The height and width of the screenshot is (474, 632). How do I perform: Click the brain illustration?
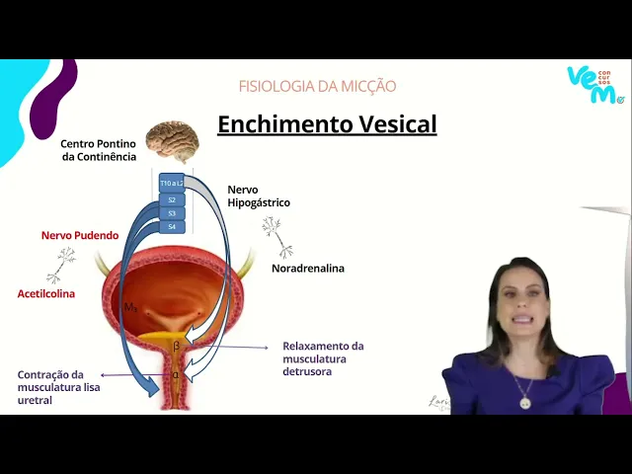click(x=172, y=140)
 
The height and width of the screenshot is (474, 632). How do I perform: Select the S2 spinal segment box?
click(x=172, y=199)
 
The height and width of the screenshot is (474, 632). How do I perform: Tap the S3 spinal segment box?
click(x=172, y=213)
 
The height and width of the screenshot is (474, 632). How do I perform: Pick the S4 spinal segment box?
click(x=172, y=226)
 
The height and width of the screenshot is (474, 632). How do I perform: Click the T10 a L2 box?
click(x=172, y=184)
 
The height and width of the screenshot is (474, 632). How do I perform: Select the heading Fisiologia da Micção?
click(x=317, y=86)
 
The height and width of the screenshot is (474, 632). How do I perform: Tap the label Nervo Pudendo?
click(x=80, y=236)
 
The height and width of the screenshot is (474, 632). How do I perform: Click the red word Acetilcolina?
click(x=46, y=294)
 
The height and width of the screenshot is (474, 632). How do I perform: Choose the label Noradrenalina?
click(x=308, y=268)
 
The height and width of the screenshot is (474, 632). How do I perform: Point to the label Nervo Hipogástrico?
click(x=259, y=196)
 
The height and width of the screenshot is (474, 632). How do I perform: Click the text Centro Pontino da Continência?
click(x=98, y=150)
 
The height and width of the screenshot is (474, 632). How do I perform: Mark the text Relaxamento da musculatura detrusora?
click(x=323, y=358)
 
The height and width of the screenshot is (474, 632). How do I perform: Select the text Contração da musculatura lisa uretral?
click(x=58, y=387)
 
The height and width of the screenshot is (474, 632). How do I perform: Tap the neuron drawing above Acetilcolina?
click(x=62, y=265)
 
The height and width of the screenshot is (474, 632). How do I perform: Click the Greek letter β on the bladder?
click(x=177, y=346)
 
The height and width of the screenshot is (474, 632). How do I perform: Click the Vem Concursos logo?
click(x=595, y=84)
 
